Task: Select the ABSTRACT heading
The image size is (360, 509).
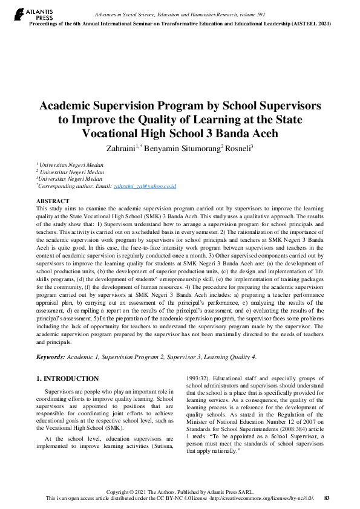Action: tap(53, 201)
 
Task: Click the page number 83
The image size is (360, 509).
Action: tap(327, 498)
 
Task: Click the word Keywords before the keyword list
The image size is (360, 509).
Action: tap(50, 357)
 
